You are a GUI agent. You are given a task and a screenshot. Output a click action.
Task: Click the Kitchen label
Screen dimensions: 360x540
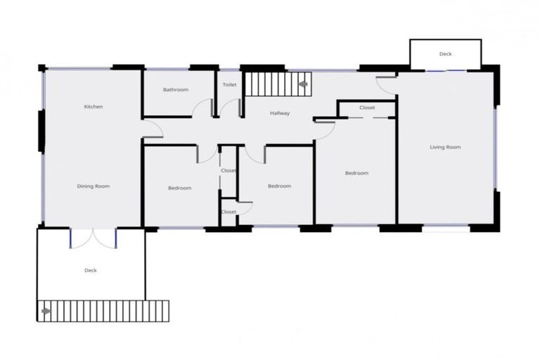pos(94,107)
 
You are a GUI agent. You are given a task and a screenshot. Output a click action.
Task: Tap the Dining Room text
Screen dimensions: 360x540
pos(94,186)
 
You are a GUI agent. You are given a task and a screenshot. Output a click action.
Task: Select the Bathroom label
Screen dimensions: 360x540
pos(176,90)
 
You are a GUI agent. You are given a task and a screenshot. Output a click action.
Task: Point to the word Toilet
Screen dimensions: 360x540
pos(229,85)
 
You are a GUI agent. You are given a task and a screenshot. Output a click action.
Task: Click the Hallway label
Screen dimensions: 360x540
pos(280,113)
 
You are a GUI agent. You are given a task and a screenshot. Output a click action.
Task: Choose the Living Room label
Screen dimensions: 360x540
pos(445,147)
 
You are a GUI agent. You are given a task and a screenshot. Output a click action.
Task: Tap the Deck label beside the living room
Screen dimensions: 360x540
pos(445,54)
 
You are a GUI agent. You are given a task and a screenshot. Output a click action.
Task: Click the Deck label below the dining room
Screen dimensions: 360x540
pos(90,271)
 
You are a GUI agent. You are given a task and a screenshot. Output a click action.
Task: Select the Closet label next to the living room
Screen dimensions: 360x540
pos(366,108)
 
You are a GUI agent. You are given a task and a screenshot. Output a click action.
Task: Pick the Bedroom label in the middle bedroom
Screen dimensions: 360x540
pos(279,186)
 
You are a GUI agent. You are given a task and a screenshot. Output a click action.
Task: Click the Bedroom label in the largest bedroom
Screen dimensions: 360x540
pos(356,173)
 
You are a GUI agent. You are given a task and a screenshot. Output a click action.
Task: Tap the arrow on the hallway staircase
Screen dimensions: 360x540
pos(303,84)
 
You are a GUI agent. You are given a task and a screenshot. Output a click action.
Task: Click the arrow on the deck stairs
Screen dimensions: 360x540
pos(46,310)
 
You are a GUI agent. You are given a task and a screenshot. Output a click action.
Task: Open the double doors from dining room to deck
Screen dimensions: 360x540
pos(94,238)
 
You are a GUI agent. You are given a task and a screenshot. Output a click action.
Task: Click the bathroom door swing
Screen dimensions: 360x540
pos(203,108)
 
